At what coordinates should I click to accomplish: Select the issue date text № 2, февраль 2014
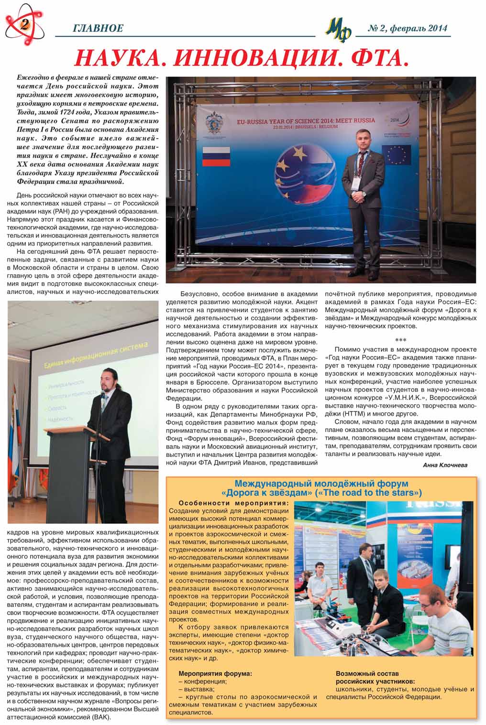point(408,28)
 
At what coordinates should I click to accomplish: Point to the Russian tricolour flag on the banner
point(216,156)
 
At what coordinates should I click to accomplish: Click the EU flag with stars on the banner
point(399,154)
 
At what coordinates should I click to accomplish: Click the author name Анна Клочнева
point(445,465)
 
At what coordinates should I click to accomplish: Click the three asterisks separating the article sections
point(400,340)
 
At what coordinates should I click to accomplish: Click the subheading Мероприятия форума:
point(215,673)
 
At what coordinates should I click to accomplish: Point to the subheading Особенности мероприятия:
point(233,503)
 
